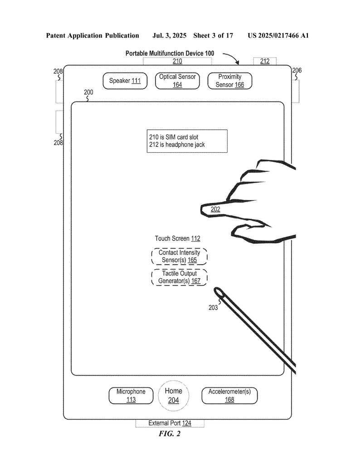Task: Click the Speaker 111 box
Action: [125, 81]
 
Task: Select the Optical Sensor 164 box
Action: [177, 81]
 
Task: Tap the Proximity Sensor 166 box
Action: [229, 81]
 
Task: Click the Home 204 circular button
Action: [174, 395]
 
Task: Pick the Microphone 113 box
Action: [131, 395]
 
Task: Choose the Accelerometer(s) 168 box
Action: [229, 395]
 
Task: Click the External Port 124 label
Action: [170, 423]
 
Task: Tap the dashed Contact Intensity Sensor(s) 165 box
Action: [179, 256]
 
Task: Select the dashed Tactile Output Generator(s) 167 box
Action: [179, 277]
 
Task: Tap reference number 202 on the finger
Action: [215, 209]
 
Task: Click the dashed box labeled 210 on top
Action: [177, 61]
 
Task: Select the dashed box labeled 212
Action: [264, 61]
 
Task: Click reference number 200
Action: [88, 92]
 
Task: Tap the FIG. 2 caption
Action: [170, 434]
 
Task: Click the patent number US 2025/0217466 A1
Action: [278, 35]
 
